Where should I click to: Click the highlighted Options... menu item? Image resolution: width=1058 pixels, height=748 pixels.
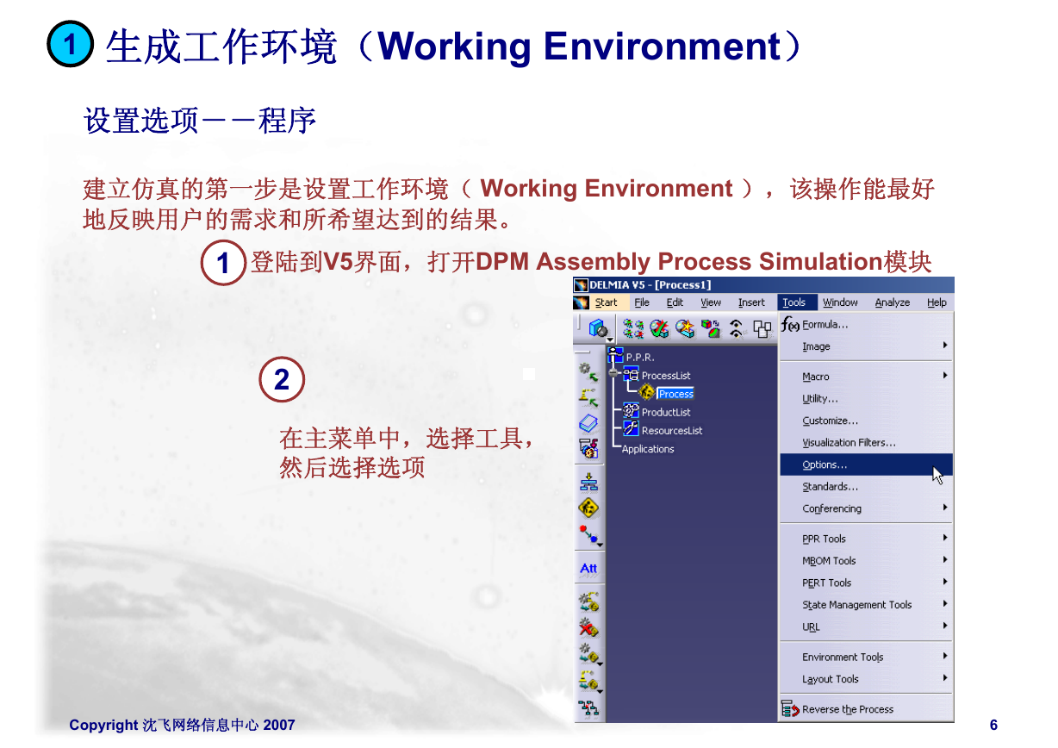point(825,464)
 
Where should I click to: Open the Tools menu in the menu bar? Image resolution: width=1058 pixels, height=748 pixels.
point(793,302)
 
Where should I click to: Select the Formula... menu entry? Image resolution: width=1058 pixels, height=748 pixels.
point(825,325)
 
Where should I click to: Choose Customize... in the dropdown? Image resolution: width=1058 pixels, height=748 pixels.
point(830,421)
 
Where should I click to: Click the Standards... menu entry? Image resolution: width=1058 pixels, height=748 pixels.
point(830,487)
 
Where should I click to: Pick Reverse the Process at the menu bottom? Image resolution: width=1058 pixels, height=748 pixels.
point(847,709)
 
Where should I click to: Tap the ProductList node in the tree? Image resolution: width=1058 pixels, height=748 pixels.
point(665,413)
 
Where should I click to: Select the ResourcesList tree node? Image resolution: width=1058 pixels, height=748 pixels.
point(672,431)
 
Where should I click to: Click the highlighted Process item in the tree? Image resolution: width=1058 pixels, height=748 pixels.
point(675,394)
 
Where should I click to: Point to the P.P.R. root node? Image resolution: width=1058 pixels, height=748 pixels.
point(640,358)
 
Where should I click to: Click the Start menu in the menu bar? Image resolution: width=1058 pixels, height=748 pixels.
point(606,302)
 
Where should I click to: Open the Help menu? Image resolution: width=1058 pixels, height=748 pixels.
point(937,302)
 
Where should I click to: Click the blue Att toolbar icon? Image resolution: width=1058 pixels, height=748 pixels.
point(588,569)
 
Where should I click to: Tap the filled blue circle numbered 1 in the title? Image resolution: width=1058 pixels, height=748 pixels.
point(70,44)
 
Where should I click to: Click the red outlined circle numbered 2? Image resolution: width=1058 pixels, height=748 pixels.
point(282,379)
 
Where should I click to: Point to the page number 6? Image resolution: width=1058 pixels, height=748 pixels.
point(993,725)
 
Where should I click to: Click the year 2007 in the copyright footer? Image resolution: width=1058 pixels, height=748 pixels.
point(279,725)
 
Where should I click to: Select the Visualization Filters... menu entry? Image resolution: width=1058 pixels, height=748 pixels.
point(849,443)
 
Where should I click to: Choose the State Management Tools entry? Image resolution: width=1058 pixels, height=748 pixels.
point(856,605)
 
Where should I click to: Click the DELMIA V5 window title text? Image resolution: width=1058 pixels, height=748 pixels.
point(650,285)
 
